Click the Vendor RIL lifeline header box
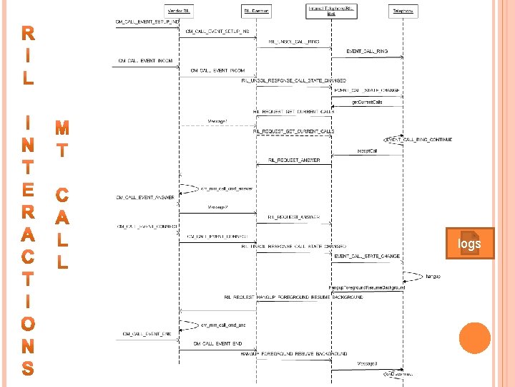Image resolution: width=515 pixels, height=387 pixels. pos(179,11)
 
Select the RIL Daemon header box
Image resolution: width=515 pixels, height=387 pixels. pos(255,11)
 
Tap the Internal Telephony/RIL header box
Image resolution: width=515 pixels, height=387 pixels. pos(331,11)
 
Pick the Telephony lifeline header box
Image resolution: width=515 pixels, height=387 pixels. pos(403,11)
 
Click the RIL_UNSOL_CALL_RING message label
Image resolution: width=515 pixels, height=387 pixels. pos(293,42)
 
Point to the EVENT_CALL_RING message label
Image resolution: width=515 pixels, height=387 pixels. pos(367,52)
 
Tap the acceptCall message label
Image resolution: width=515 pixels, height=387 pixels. pos(367,151)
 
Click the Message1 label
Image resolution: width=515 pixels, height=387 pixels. pos(218,121)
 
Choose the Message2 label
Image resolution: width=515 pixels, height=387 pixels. pos(218,207)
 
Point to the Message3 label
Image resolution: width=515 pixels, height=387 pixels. pos(367,364)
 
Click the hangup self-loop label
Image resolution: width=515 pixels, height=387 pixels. pos(433,276)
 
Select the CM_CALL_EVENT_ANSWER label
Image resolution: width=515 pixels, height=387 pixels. pos(145,197)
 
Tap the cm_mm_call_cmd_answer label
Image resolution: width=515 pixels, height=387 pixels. pos(226,188)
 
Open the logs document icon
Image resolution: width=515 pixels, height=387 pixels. pos(470,244)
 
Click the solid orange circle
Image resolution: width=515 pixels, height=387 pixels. pos(474,338)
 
